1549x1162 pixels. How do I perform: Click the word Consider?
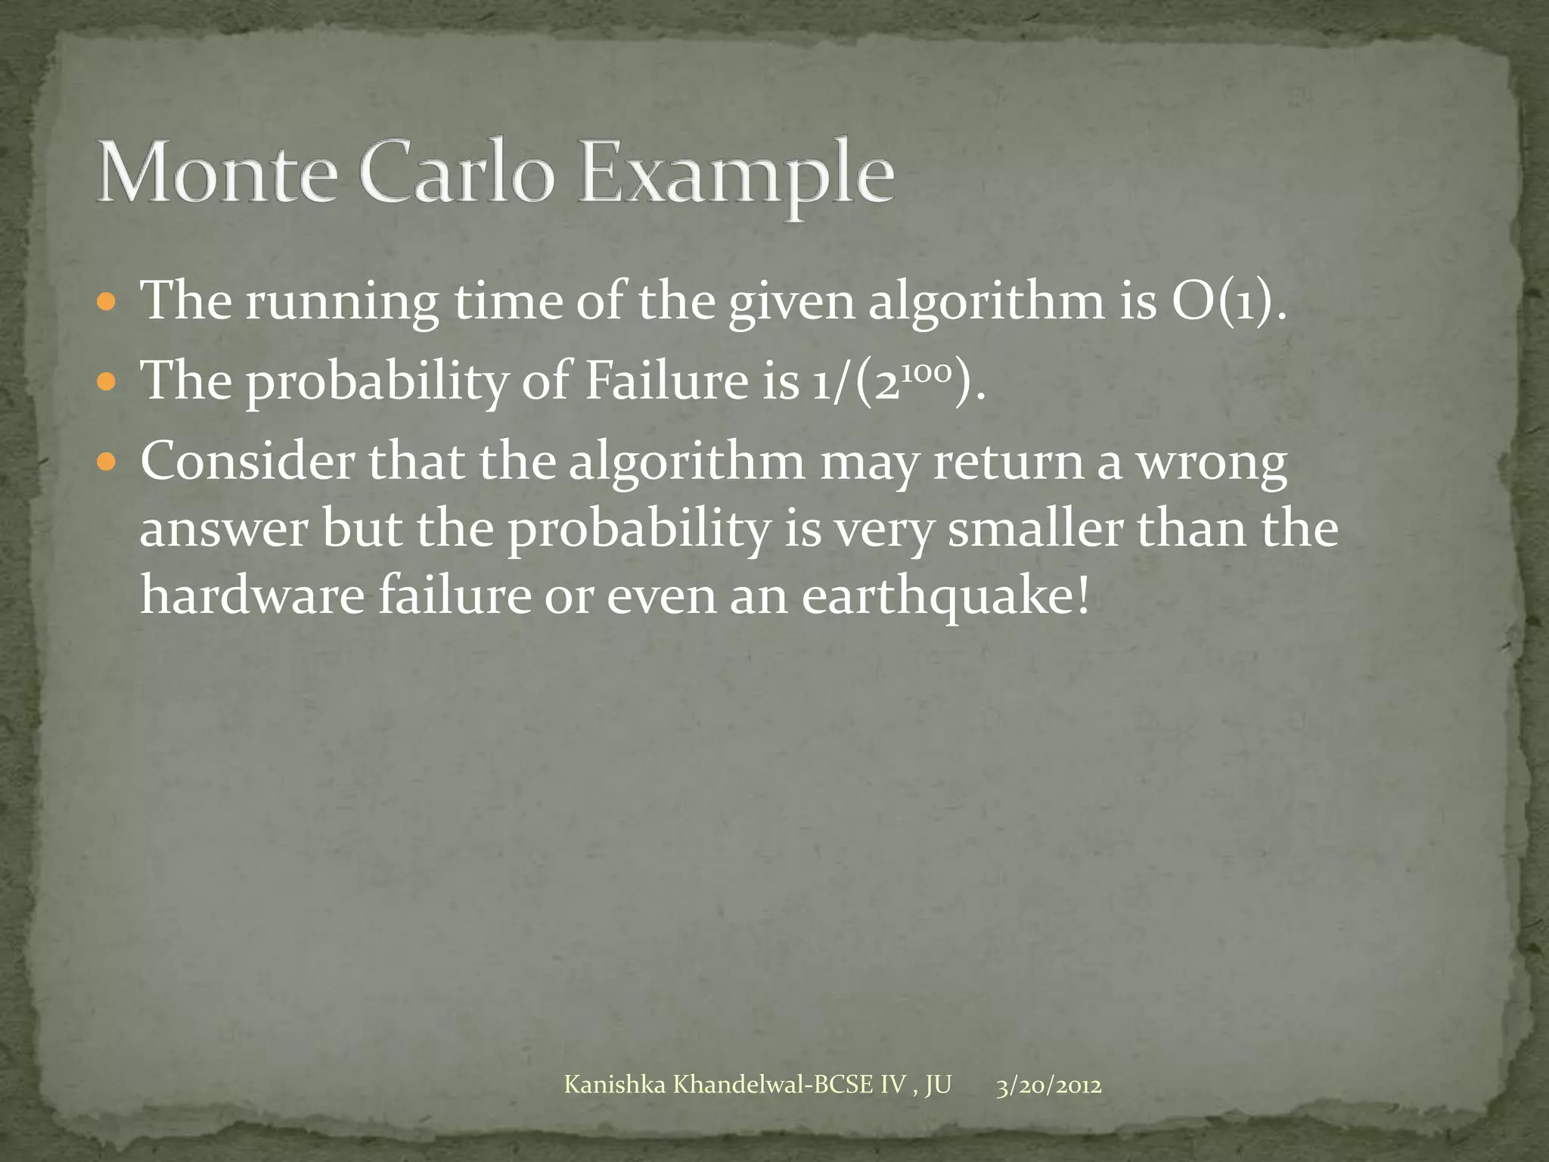(x=247, y=461)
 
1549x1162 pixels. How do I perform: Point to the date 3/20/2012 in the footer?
(x=1048, y=1086)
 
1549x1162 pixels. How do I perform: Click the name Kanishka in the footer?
(x=615, y=1086)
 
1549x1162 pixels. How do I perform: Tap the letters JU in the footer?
(x=938, y=1086)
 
